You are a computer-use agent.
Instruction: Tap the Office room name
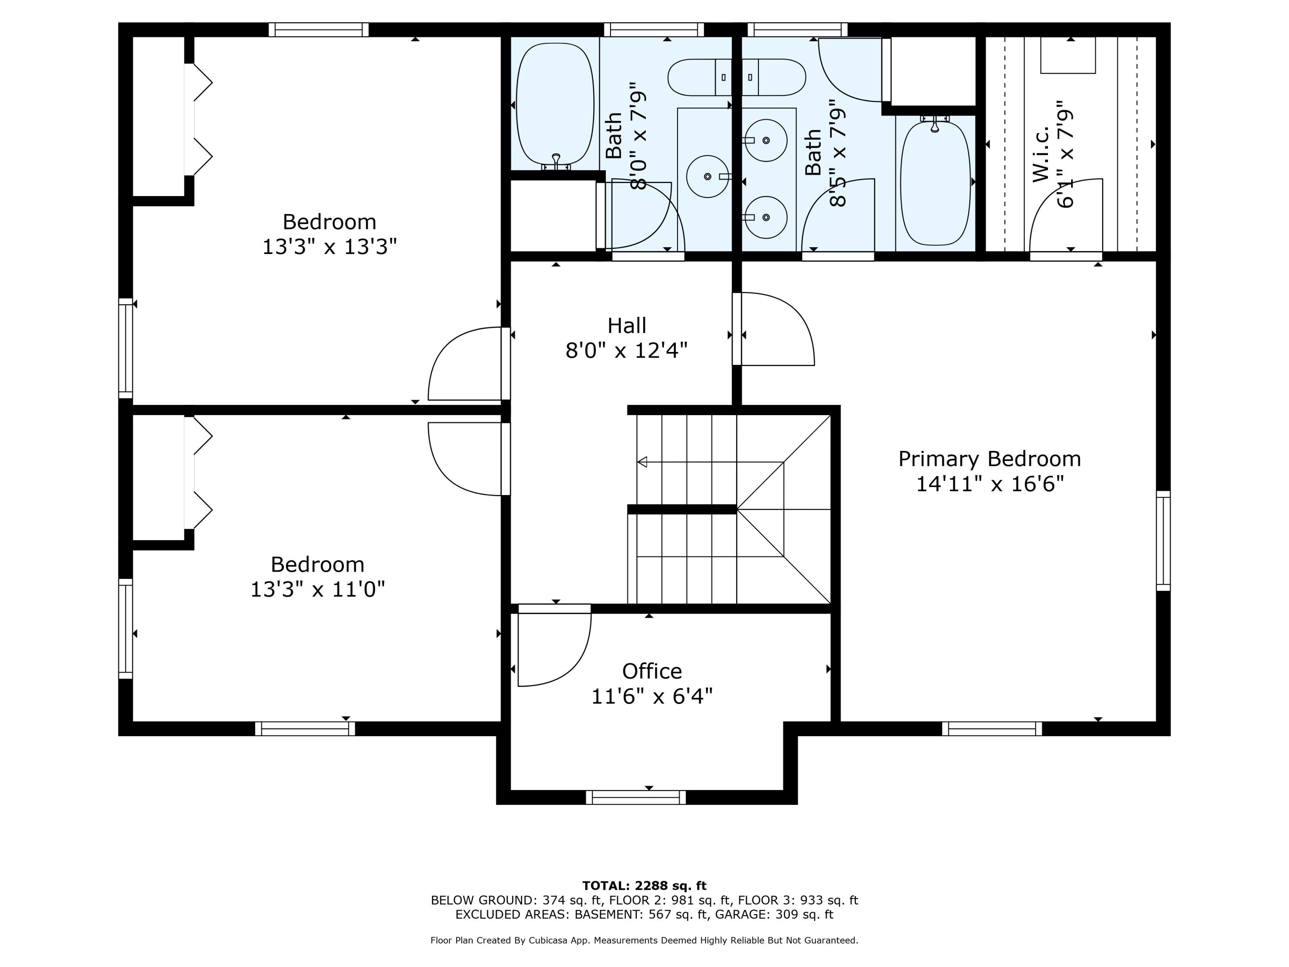(652, 671)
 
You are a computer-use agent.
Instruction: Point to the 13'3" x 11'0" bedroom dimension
(318, 589)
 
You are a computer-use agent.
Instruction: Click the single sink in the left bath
(707, 176)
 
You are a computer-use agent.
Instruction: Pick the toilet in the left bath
(699, 77)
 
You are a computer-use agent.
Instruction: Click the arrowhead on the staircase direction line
(642, 462)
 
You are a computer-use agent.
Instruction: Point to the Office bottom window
(636, 797)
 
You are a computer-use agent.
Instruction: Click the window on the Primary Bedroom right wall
(1163, 541)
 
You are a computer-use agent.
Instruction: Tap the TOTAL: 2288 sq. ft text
(644, 886)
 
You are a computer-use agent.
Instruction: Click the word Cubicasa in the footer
(553, 940)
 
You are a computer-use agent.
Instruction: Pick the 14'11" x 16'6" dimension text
(990, 484)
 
